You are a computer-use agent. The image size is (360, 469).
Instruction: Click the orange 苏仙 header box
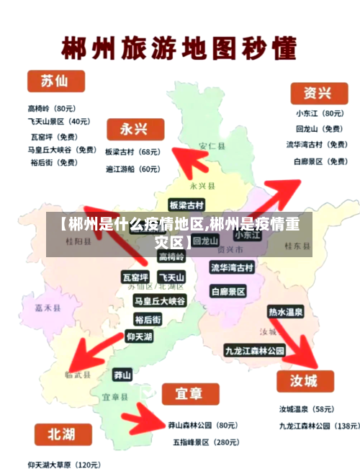(x=55, y=81)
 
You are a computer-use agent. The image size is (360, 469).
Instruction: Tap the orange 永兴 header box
(x=134, y=129)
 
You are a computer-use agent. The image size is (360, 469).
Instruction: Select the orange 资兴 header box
(x=318, y=93)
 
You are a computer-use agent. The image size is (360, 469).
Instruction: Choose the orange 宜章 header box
(x=189, y=394)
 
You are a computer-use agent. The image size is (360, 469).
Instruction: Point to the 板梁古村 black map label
(x=186, y=205)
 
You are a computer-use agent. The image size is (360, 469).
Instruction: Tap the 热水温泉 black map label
(x=286, y=312)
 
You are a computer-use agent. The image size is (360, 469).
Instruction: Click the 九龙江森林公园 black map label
(x=254, y=351)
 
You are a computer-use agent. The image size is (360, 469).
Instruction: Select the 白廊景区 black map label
(x=228, y=291)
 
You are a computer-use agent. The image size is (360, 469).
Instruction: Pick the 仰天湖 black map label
(x=139, y=336)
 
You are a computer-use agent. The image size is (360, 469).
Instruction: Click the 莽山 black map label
(x=122, y=375)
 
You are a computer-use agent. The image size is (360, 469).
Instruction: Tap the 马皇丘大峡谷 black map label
(x=160, y=300)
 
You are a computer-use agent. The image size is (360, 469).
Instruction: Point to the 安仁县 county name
(x=212, y=146)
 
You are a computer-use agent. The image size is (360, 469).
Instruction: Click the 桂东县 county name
(x=297, y=246)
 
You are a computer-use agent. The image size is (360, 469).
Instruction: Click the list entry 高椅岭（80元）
(x=52, y=108)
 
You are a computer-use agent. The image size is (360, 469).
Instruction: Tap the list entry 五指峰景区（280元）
(x=205, y=442)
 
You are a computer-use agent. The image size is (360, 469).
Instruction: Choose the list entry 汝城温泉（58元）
(x=306, y=409)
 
